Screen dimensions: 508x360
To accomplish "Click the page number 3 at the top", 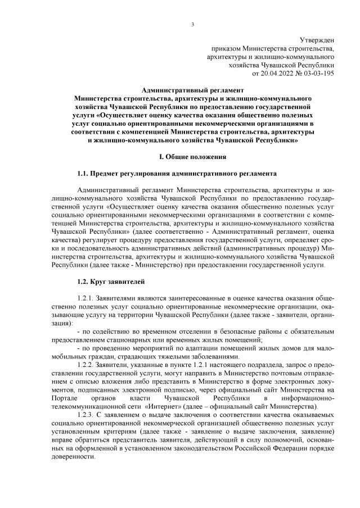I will pyautogui.click(x=192, y=24).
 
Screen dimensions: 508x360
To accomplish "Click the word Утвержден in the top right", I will pyautogui.click(x=317, y=40).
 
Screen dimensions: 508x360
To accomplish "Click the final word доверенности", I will pyautogui.click(x=73, y=457).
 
